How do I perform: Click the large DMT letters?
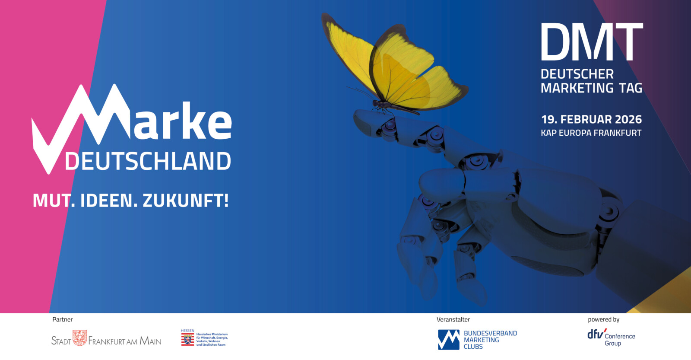(x=592, y=41)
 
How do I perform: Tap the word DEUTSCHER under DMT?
(x=577, y=74)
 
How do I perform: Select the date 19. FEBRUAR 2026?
(x=591, y=119)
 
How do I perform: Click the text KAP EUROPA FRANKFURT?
(x=591, y=133)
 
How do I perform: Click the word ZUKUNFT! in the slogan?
(x=185, y=201)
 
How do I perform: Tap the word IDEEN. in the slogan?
(x=108, y=201)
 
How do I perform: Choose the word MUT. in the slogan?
(x=54, y=201)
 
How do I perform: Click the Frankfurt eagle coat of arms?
(x=79, y=338)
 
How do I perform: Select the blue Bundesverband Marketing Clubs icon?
(x=449, y=340)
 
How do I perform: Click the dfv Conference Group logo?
(x=611, y=337)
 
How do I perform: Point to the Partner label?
(x=63, y=319)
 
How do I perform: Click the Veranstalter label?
(x=453, y=319)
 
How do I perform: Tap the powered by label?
(x=604, y=319)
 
